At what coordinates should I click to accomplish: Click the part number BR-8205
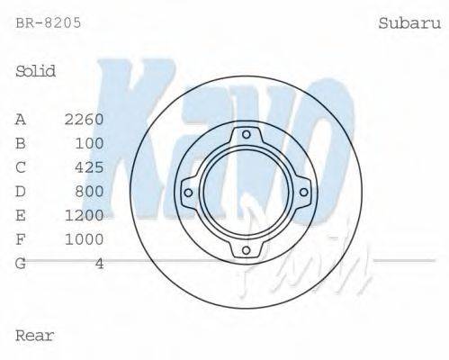pos(49,22)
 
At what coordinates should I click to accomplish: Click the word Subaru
pos(408,22)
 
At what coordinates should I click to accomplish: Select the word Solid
pos(36,71)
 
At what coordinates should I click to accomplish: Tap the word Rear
pos(35,336)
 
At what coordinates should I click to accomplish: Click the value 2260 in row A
pos(85,119)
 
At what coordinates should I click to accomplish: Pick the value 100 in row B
pos(89,143)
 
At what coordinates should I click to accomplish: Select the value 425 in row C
pos(89,167)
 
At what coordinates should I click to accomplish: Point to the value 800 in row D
pos(89,192)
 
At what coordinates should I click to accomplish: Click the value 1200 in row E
pos(85,216)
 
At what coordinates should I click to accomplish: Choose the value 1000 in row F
pos(85,239)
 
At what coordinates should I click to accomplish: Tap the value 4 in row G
pos(99,264)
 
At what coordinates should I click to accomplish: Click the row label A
pos(21,119)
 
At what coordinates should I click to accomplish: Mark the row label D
pos(21,192)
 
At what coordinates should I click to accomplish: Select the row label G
pos(21,264)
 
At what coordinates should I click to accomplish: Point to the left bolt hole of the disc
pos(188,192)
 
